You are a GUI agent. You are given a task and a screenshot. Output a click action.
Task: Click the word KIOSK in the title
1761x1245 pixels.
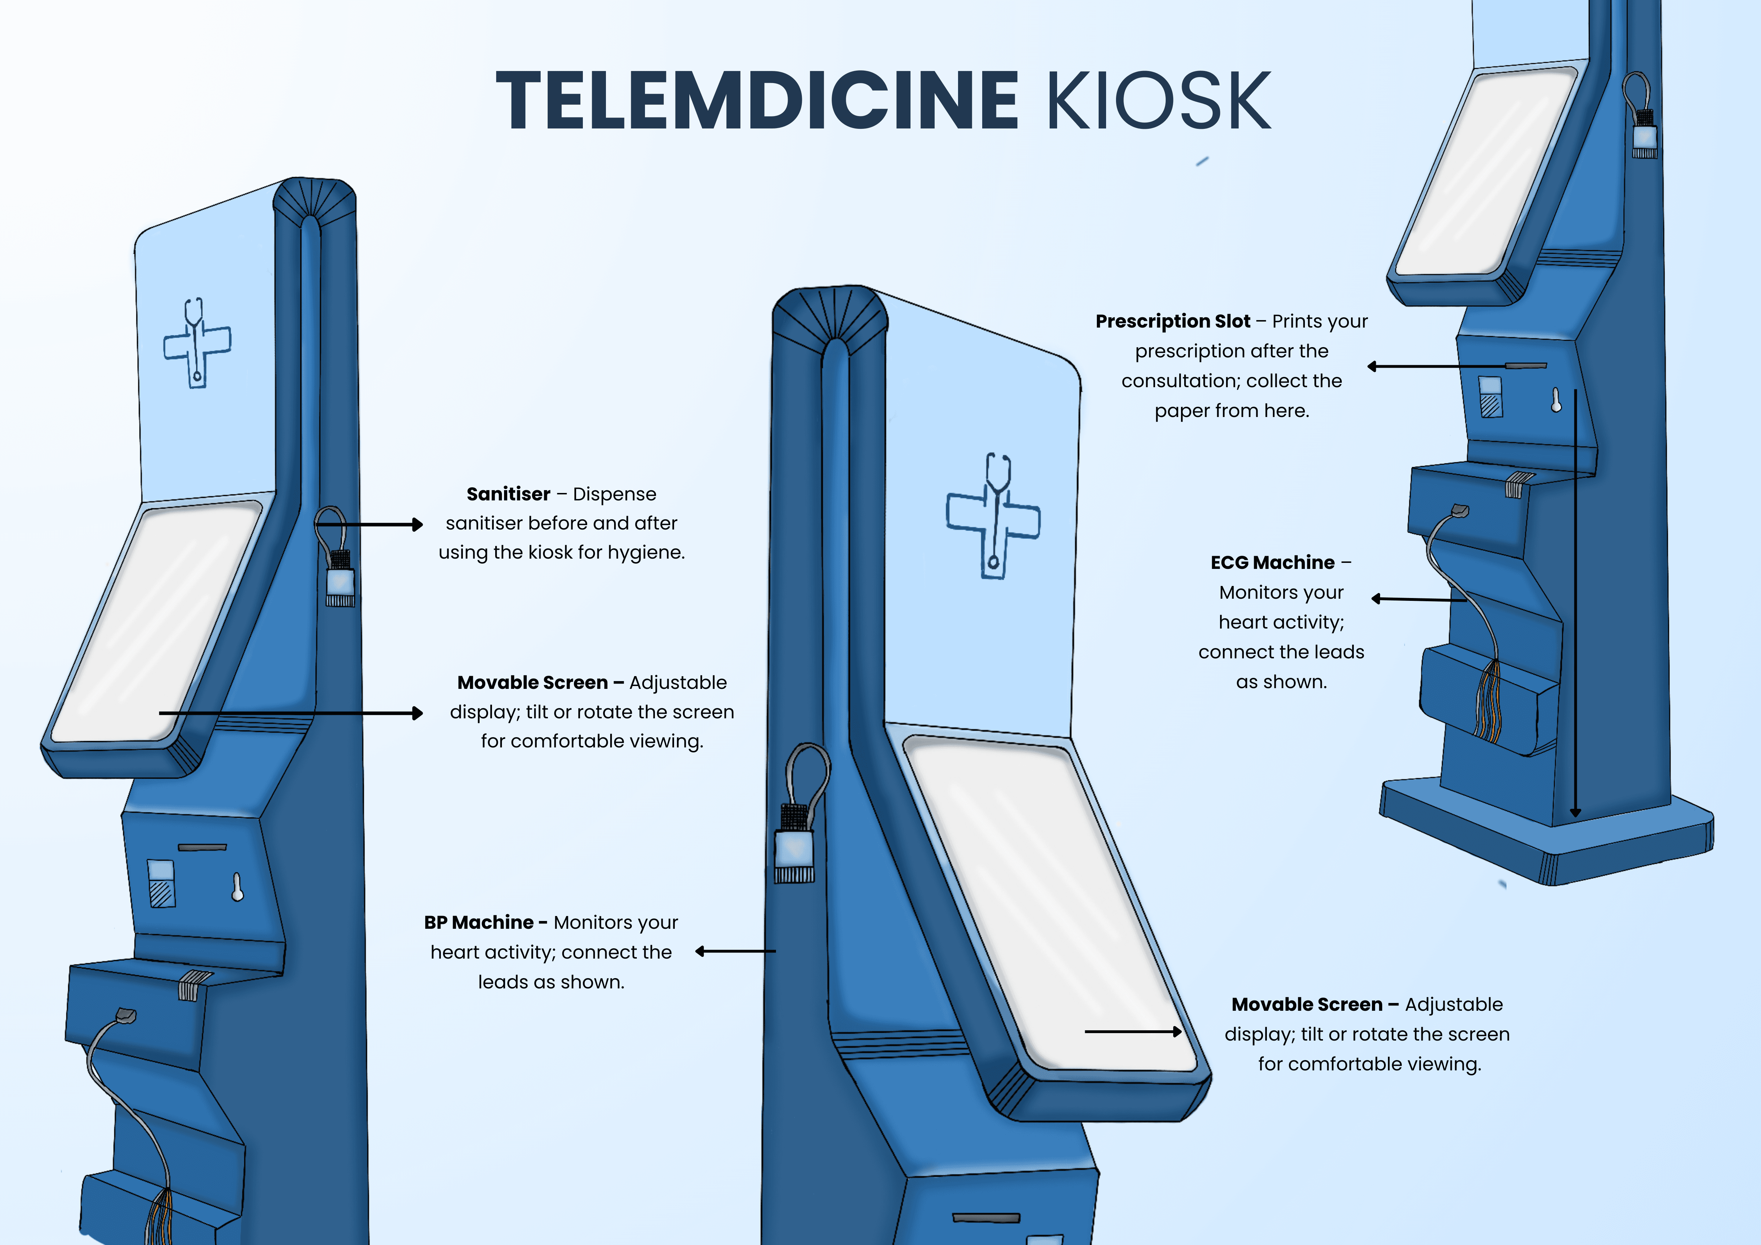pos(1158,100)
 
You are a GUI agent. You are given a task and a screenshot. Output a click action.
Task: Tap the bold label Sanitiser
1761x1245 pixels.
pos(508,494)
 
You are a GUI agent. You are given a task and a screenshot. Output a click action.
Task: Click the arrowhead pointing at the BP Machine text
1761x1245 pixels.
pos(700,951)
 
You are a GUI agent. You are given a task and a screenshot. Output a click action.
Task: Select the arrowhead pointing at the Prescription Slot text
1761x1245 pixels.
pos(1372,367)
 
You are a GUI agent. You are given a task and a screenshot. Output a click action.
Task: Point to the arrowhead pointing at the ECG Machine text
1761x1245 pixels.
pos(1376,599)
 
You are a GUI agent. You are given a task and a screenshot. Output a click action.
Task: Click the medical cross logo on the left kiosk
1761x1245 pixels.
pos(197,343)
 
